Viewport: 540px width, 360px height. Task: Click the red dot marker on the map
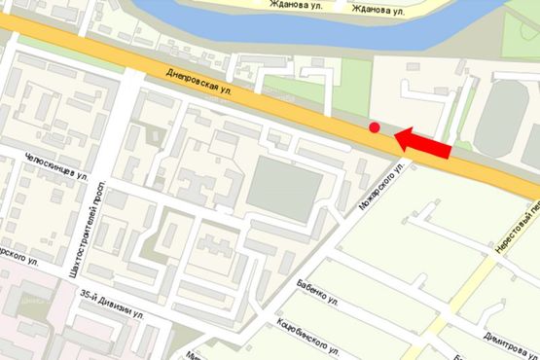(x=375, y=126)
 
